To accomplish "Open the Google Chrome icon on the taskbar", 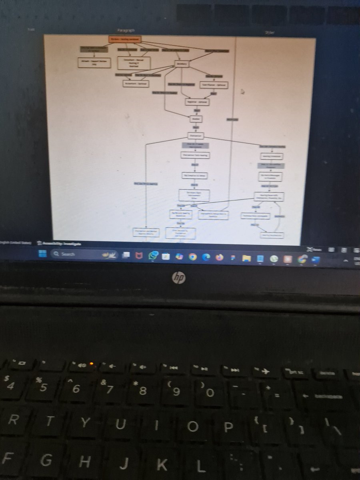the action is [x=193, y=257].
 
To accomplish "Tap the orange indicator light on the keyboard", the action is [x=92, y=364].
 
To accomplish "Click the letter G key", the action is [x=46, y=461].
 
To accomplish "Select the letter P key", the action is [x=228, y=428].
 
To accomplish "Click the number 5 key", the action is [x=42, y=387].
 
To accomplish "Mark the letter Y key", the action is [x=83, y=423].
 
